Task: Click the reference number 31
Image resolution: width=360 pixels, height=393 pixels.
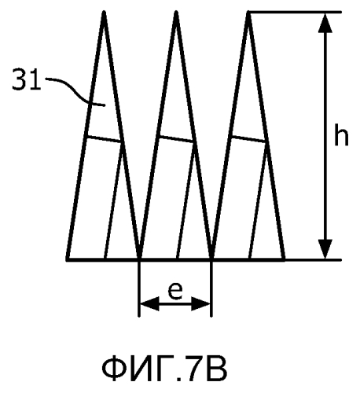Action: tap(27, 79)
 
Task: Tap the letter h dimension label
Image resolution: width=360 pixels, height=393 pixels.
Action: tap(341, 134)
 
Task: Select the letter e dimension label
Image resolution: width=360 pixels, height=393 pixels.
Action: tap(175, 291)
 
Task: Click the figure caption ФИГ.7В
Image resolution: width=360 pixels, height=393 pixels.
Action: tap(164, 369)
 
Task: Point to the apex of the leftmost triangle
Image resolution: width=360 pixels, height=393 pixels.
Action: tap(104, 12)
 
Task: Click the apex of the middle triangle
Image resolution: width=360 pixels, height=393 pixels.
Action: tap(176, 12)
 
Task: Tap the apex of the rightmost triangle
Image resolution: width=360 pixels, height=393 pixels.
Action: tap(248, 12)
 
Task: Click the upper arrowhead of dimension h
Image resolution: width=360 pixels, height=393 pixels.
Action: tap(325, 23)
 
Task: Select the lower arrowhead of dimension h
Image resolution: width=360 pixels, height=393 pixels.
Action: tap(325, 249)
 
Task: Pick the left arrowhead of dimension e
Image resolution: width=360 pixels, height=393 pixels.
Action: tap(149, 304)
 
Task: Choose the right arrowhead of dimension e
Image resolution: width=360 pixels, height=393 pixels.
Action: tap(200, 304)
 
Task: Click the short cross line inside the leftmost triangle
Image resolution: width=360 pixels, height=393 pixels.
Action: tap(104, 139)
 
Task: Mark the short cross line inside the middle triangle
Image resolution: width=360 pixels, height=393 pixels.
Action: tap(176, 139)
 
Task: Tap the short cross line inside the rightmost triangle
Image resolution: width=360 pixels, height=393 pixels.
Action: tap(248, 139)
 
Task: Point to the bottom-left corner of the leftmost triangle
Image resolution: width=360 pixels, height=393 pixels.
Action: tap(68, 259)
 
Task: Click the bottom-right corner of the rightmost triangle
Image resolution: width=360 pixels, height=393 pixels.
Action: tap(284, 259)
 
